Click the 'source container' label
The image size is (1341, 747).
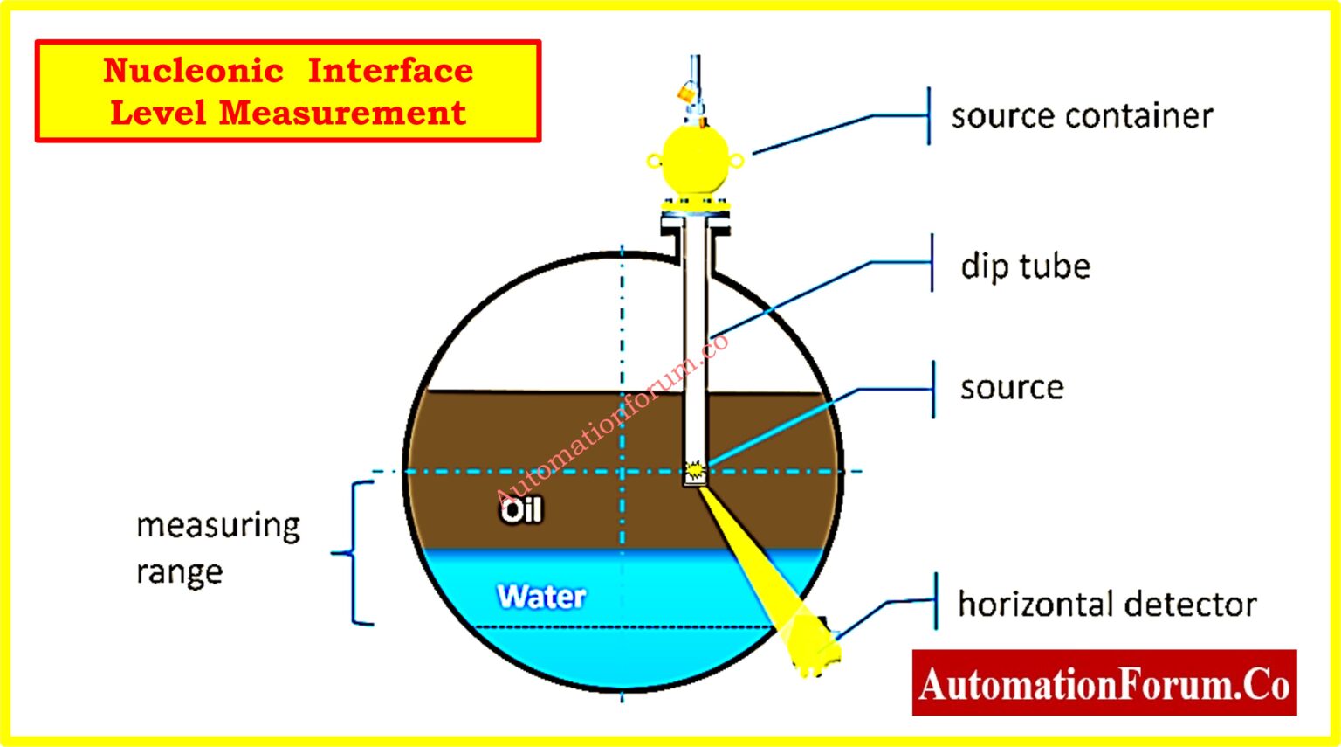[x=1081, y=116]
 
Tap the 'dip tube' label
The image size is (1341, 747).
[x=1025, y=266]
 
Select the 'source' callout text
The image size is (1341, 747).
[x=1012, y=388]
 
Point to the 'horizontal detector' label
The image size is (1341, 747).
[x=1106, y=604]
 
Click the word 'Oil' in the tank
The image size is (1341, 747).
[x=521, y=510]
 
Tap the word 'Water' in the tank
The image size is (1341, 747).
[x=541, y=597]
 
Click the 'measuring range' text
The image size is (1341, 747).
[x=217, y=548]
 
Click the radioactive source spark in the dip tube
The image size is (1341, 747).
[x=695, y=472]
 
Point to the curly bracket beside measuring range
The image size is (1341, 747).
[x=356, y=553]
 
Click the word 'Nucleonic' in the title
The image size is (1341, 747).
[x=193, y=70]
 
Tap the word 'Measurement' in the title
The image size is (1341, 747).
[x=342, y=113]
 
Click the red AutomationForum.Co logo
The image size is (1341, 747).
[x=1104, y=683]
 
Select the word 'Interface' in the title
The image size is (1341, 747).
[x=390, y=70]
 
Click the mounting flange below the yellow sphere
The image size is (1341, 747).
[x=695, y=210]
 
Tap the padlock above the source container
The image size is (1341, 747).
[x=686, y=90]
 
